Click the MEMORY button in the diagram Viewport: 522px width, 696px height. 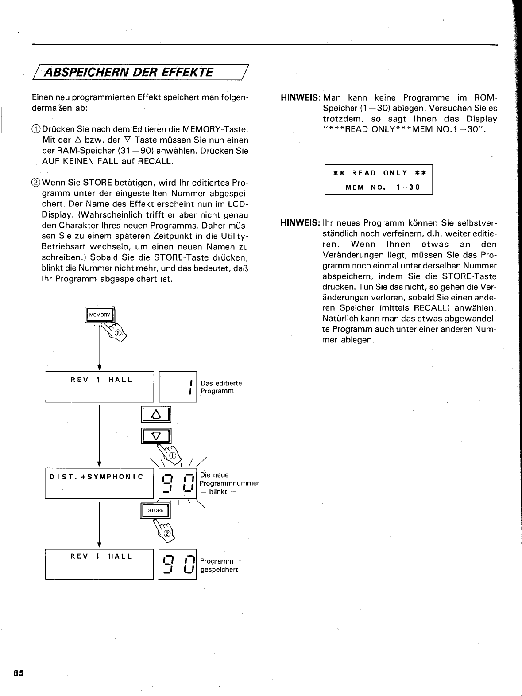click(100, 315)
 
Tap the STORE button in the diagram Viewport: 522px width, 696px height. click(155, 510)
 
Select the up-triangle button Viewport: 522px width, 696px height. click(156, 415)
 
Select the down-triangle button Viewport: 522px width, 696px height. click(156, 436)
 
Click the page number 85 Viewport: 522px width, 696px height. click(18, 673)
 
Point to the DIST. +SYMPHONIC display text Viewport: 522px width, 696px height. click(97, 477)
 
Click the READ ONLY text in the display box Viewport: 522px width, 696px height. click(379, 173)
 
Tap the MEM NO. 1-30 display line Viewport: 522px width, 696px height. click(382, 187)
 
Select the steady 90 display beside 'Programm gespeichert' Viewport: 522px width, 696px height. click(177, 564)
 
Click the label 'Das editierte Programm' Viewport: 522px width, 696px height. click(221, 387)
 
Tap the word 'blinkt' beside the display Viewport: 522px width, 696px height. click(218, 491)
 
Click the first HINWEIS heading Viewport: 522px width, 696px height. click(300, 97)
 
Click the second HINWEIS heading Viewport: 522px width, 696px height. click(300, 222)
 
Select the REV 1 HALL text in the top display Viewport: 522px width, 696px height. click(101, 380)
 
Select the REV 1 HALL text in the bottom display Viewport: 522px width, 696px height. click(101, 556)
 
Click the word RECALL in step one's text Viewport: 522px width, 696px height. click(155, 161)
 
